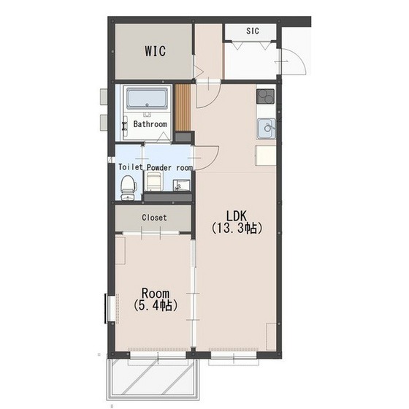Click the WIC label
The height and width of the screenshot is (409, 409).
[155, 51]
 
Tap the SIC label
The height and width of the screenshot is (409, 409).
[253, 31]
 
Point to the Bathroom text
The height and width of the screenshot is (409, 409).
[150, 124]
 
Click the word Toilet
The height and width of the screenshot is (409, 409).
[131, 167]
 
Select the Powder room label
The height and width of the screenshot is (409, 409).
[169, 168]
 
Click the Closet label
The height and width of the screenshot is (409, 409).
[154, 218]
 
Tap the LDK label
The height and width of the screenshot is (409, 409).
[237, 216]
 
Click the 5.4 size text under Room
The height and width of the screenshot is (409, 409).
[155, 305]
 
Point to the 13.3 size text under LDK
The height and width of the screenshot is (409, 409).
[237, 228]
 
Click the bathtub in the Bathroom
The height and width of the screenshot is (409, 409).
[147, 99]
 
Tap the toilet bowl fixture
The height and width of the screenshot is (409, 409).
[128, 187]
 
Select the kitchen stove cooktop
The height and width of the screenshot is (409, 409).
[266, 96]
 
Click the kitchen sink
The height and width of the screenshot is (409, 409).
[267, 129]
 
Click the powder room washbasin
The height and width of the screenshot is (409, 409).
[181, 186]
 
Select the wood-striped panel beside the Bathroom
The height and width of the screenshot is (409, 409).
[183, 107]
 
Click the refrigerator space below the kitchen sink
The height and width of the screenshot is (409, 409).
[266, 156]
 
